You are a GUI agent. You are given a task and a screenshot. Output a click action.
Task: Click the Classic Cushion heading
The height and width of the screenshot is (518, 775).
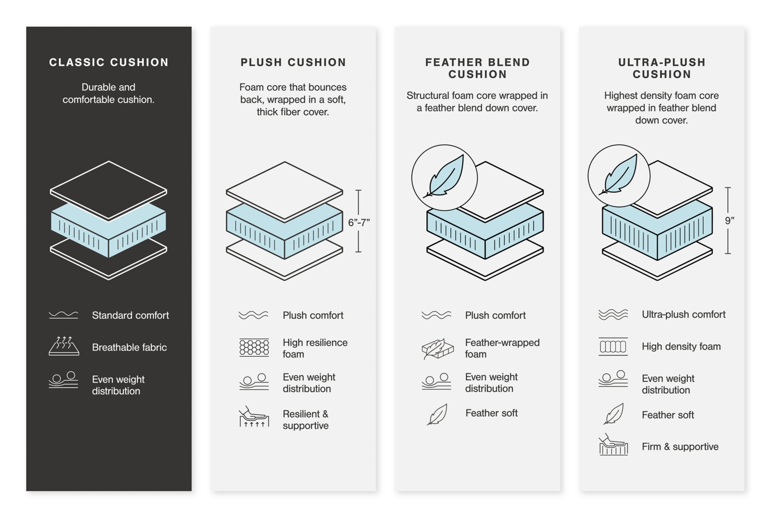click(108, 62)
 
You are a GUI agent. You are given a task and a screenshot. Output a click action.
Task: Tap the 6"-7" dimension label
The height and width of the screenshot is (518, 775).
click(359, 222)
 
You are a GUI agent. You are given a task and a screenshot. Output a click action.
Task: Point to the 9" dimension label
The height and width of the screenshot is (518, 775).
click(729, 220)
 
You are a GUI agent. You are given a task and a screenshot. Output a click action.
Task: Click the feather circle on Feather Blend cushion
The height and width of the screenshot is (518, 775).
click(444, 178)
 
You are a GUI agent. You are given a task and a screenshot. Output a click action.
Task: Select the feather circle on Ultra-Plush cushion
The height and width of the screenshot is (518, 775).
click(619, 176)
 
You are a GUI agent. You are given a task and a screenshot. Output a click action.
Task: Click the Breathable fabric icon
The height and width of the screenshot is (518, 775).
click(64, 346)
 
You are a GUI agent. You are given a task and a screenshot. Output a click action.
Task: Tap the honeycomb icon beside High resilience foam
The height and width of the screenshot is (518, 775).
click(254, 347)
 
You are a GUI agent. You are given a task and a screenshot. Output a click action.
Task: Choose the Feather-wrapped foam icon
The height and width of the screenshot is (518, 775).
click(437, 348)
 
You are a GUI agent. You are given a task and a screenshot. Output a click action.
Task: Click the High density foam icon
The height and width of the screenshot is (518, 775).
click(613, 346)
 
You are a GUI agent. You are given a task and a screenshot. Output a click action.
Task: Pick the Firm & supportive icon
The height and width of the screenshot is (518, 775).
click(613, 445)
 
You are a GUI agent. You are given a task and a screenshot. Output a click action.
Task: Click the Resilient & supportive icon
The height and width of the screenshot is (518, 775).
click(254, 418)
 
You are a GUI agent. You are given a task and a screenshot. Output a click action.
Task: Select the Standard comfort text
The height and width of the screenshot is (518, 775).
click(130, 315)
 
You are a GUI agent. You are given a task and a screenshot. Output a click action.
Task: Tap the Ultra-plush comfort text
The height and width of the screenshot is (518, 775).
click(683, 314)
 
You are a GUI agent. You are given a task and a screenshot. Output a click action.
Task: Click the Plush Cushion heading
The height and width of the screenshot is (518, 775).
click(293, 62)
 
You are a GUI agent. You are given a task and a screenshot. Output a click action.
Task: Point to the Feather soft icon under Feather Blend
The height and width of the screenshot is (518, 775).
click(437, 414)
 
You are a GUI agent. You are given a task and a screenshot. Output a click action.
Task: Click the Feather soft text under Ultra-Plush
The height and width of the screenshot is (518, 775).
click(667, 415)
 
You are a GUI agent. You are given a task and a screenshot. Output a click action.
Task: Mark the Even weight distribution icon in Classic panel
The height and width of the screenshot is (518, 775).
click(64, 380)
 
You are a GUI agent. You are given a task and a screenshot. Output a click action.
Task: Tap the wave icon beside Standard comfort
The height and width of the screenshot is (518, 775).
click(64, 315)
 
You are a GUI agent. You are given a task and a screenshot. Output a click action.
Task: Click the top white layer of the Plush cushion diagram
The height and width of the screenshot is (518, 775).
click(284, 190)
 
